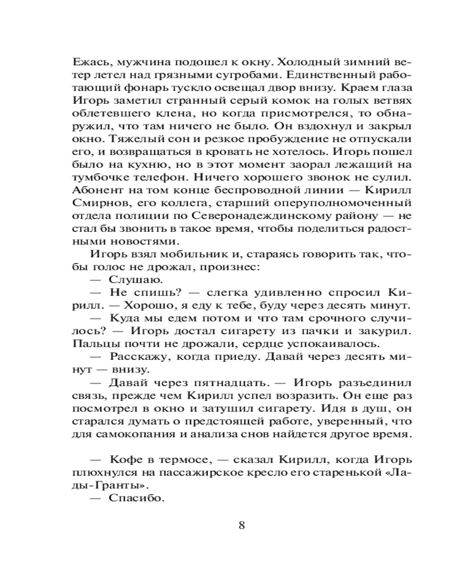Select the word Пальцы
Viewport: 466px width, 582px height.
pyautogui.click(x=94, y=344)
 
